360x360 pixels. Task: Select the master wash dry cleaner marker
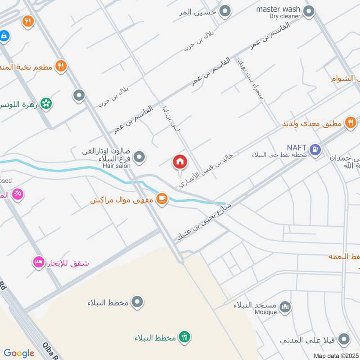(x=308, y=11)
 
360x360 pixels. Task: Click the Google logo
(x=19, y=353)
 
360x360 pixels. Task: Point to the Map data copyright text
(x=336, y=355)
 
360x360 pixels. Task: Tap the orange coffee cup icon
(x=162, y=198)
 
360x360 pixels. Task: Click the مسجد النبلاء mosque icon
(x=285, y=307)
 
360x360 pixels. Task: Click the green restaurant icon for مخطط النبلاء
(x=185, y=337)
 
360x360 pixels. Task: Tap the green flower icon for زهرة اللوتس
(x=45, y=103)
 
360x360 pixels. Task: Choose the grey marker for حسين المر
(x=225, y=10)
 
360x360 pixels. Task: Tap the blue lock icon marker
(x=4, y=36)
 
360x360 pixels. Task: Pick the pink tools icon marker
(x=18, y=194)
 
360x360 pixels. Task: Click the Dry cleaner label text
(x=284, y=16)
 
